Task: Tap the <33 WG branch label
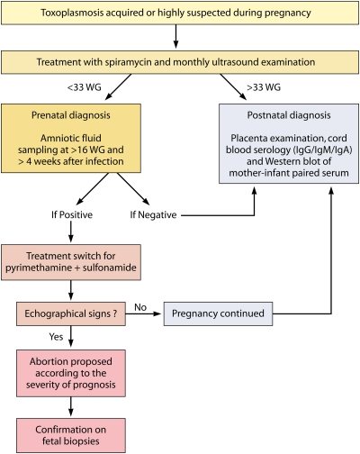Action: pyautogui.click(x=84, y=87)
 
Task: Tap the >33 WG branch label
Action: pyautogui.click(x=264, y=87)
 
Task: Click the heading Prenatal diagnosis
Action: pyautogui.click(x=71, y=115)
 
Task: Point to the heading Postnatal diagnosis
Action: pyautogui.click(x=289, y=115)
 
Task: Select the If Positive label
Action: pyautogui.click(x=72, y=214)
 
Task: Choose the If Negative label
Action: pyautogui.click(x=153, y=215)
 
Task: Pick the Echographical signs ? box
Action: pyautogui.click(x=71, y=313)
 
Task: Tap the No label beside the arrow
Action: pyautogui.click(x=140, y=307)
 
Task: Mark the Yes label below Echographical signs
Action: pyautogui.click(x=56, y=337)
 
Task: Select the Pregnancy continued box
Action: pyautogui.click(x=218, y=313)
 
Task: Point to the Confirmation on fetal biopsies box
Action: pyautogui.click(x=71, y=435)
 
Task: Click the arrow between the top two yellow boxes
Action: pyautogui.click(x=176, y=36)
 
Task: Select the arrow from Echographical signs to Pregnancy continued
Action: pyautogui.click(x=143, y=313)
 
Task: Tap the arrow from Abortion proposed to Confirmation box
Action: pyautogui.click(x=71, y=406)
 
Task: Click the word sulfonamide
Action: pyautogui.click(x=110, y=268)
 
